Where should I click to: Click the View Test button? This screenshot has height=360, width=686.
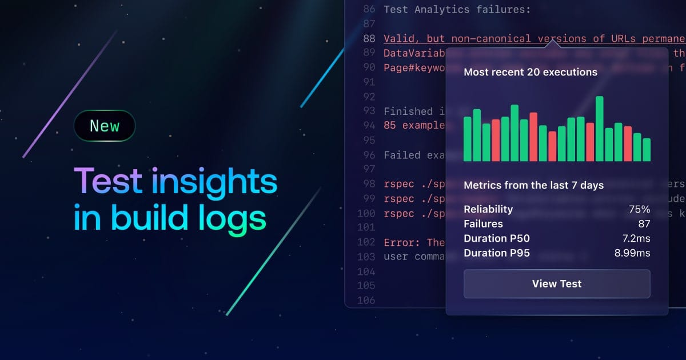[556, 283]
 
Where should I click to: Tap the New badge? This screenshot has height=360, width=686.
[105, 126]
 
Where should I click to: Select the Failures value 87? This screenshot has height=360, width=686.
[644, 224]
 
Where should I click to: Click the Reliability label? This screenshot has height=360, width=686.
[488, 209]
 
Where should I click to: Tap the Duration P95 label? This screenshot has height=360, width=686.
[496, 253]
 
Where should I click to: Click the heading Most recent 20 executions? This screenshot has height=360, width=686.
[530, 72]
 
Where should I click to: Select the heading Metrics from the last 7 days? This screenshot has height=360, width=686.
[533, 185]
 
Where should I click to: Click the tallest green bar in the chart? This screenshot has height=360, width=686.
[600, 129]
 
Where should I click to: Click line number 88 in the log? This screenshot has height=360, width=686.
[369, 39]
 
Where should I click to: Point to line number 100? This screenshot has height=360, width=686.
[366, 213]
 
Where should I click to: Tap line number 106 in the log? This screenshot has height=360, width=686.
[366, 300]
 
